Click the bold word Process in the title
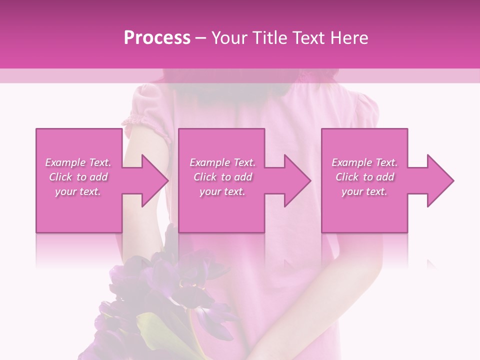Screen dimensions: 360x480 click(x=157, y=38)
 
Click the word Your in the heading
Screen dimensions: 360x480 click(x=229, y=38)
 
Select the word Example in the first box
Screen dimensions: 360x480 click(x=65, y=162)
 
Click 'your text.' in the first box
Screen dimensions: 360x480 click(x=78, y=191)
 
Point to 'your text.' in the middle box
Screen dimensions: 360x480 click(x=222, y=191)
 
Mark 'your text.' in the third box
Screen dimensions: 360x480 click(x=364, y=191)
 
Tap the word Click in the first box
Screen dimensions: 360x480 click(x=60, y=177)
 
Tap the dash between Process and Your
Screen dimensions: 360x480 click(x=200, y=38)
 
